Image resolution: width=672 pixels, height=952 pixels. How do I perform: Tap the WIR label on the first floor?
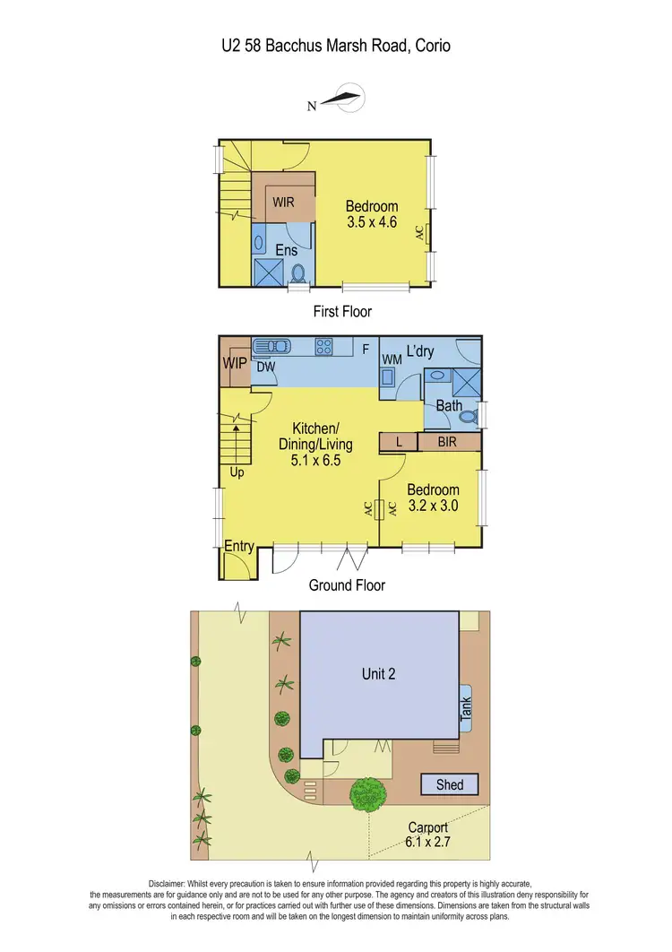[284, 203]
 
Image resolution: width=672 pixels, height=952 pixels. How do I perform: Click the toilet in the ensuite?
[299, 272]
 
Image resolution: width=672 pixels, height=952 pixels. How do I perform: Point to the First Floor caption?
[342, 312]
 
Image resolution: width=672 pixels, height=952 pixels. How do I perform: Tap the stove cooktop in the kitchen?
[323, 345]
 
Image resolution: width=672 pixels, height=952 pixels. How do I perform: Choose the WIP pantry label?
[234, 362]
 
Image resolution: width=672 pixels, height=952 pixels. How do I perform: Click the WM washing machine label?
[391, 359]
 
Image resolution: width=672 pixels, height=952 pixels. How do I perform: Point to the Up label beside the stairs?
[237, 472]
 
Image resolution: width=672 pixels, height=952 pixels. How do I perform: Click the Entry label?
[238, 546]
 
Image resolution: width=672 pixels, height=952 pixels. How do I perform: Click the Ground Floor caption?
[347, 585]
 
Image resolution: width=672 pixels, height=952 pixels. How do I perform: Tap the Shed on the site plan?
[450, 785]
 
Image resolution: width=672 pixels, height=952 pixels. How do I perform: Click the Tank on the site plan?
[465, 710]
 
